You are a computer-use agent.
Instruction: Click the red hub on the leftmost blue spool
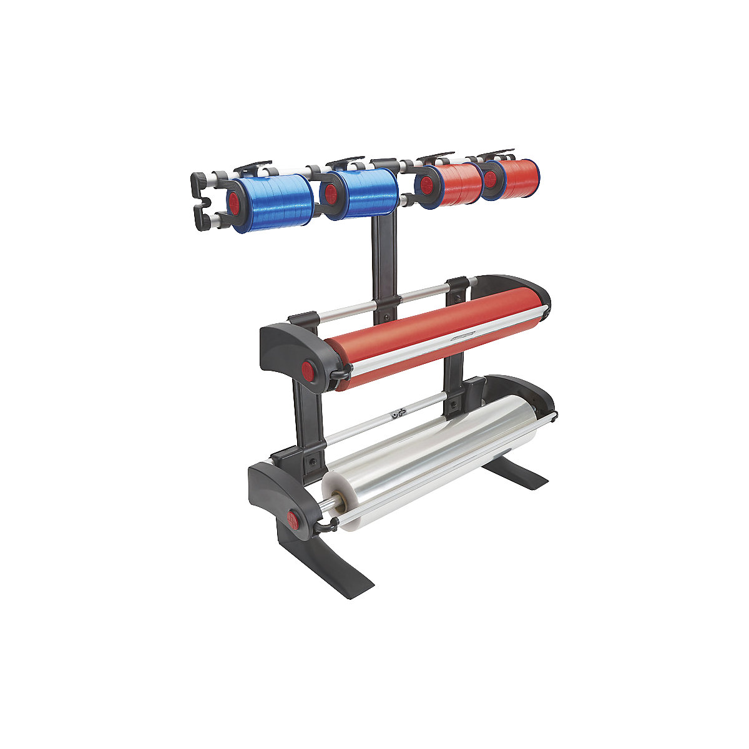234,201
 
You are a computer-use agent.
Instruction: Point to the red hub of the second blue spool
331,192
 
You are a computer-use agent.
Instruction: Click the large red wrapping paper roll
431,337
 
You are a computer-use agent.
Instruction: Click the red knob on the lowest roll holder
293,518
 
